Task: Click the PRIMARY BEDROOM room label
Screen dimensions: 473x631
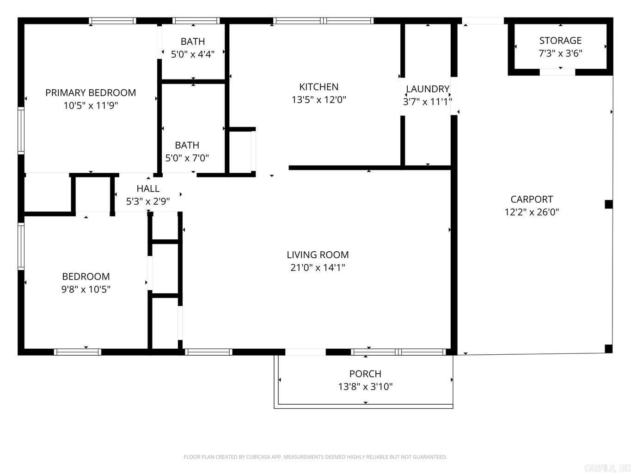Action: click(91, 93)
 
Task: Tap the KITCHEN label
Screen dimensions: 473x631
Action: click(319, 87)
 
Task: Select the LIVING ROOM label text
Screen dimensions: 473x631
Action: click(318, 255)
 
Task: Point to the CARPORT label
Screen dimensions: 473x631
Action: click(532, 199)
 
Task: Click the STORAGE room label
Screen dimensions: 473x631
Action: click(560, 41)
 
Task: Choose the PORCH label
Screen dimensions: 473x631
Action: click(365, 374)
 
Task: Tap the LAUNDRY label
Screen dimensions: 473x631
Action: click(428, 89)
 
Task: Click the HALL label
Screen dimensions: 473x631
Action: click(148, 188)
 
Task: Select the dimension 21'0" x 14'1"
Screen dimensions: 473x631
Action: click(318, 267)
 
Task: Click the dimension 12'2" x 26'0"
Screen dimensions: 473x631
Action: click(532, 212)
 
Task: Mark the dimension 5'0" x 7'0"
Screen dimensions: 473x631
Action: click(187, 158)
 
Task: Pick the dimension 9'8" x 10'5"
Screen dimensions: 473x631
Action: click(86, 290)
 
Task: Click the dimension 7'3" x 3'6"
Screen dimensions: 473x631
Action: click(560, 53)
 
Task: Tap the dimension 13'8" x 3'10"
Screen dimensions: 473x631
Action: click(365, 387)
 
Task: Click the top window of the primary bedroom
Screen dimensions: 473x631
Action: click(112, 21)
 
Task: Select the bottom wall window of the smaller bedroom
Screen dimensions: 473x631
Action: click(78, 352)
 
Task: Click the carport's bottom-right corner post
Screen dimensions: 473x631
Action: click(608, 349)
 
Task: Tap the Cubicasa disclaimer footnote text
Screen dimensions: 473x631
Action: click(315, 457)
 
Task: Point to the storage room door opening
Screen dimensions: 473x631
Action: click(557, 73)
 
